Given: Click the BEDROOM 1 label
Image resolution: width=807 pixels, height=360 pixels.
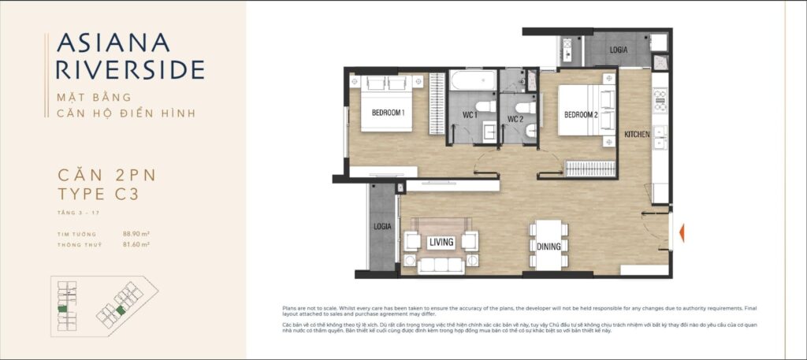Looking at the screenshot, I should click(x=388, y=113).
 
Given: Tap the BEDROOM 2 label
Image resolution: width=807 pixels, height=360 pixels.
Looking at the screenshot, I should click(x=581, y=115).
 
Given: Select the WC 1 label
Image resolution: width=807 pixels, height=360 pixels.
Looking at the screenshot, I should click(x=471, y=116).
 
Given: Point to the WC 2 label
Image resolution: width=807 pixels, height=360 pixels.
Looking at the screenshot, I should click(x=515, y=120).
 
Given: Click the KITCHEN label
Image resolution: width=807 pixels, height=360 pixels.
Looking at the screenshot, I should click(x=637, y=135).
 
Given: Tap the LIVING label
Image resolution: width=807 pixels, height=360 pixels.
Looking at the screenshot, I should click(x=441, y=242).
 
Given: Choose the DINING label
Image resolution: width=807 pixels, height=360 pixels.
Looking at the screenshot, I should click(x=549, y=247).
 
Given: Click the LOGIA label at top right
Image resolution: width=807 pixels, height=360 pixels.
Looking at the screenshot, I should click(x=619, y=50).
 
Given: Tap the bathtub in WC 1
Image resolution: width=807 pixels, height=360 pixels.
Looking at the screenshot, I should click(x=473, y=81).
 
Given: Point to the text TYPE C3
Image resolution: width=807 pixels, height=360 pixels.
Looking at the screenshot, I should click(x=99, y=194).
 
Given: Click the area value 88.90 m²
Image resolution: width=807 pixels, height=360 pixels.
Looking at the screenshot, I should click(x=136, y=234).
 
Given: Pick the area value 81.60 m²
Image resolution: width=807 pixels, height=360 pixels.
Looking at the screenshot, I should click(x=136, y=244).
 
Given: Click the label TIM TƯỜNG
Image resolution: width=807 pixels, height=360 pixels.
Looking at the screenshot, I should click(x=77, y=234).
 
